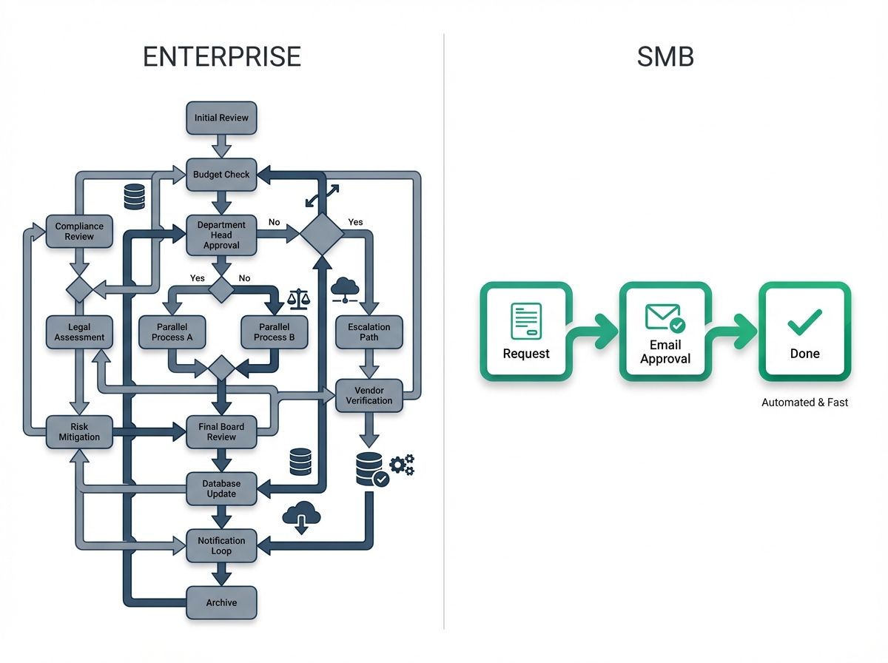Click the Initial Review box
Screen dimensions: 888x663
[221, 118]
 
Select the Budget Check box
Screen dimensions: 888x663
[221, 175]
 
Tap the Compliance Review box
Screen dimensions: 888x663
[79, 232]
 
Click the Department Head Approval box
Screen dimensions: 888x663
[221, 235]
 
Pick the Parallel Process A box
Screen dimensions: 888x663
[172, 332]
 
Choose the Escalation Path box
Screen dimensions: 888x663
[369, 332]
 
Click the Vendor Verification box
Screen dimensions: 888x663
[369, 396]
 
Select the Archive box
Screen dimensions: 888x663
[221, 603]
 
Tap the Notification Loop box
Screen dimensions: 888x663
[221, 545]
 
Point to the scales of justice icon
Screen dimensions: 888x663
[298, 299]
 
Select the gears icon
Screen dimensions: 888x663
[402, 465]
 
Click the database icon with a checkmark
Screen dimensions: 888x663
[372, 469]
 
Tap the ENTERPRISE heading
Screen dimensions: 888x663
[222, 57]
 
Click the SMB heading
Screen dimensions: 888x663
[665, 57]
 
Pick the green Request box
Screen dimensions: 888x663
[526, 331]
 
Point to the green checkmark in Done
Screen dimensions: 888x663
[804, 323]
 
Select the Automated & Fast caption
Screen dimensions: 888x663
[804, 403]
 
